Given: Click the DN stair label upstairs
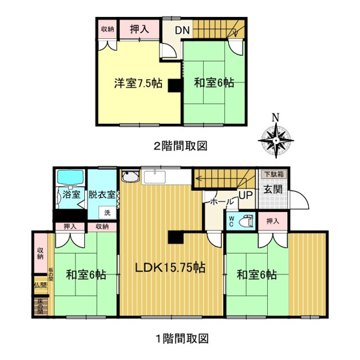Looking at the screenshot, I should point(182,30).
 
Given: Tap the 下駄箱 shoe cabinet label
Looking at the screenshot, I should point(271,174).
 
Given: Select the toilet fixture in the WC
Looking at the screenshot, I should point(245,221).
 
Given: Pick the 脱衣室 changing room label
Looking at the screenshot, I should point(102,194).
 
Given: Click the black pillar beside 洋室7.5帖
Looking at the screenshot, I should point(174,86).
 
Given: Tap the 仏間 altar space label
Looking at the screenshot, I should point(40,285).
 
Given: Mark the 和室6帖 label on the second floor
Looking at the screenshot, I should point(214,83).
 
